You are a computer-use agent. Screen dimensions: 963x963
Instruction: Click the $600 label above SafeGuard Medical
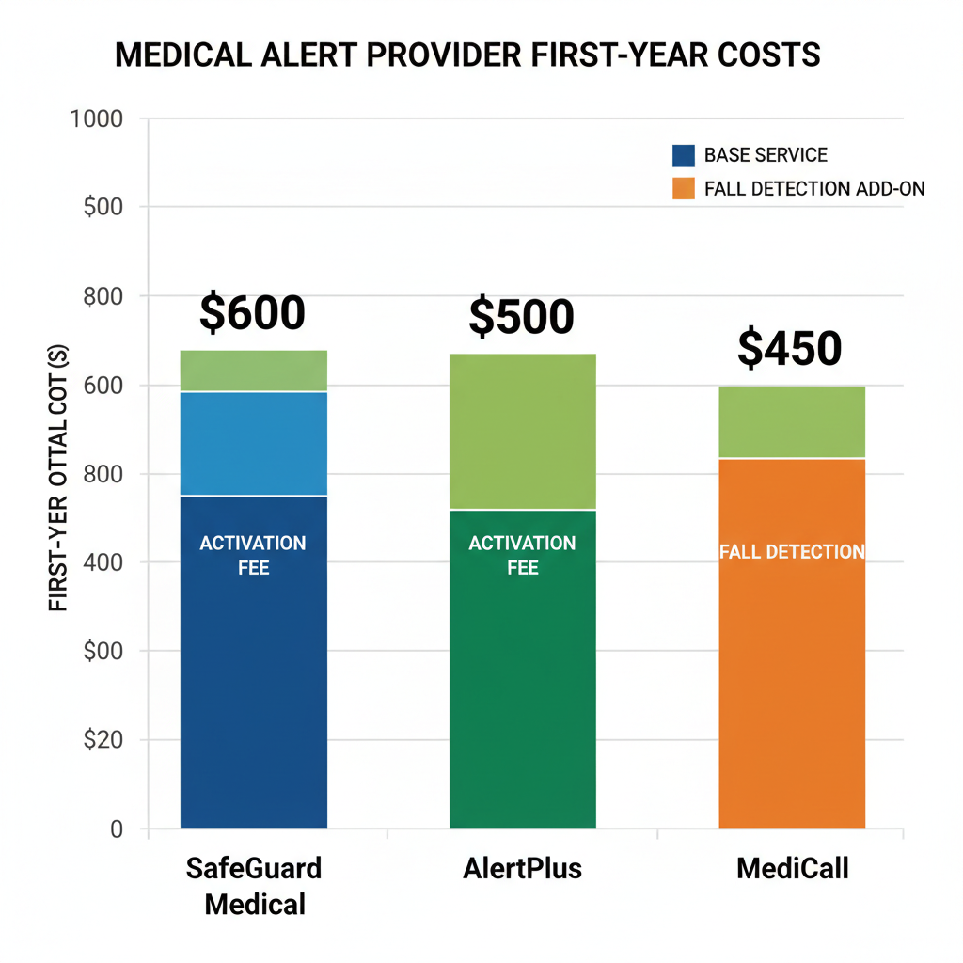pyautogui.click(x=252, y=313)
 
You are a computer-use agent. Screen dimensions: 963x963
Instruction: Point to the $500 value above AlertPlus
pyautogui.click(x=521, y=318)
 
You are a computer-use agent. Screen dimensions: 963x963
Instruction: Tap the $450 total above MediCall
pyautogui.click(x=789, y=348)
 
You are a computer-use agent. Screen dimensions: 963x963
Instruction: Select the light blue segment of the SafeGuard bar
pyautogui.click(x=254, y=443)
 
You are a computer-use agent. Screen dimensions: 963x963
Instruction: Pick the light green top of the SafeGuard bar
pyautogui.click(x=254, y=371)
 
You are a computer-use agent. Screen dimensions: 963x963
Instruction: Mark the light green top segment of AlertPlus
pyautogui.click(x=523, y=431)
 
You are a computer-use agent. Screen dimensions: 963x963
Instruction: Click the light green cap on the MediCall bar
pyautogui.click(x=792, y=421)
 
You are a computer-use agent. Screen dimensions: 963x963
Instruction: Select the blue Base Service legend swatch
pyautogui.click(x=684, y=155)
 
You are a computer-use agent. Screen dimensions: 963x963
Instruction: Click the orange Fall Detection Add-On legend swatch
pyautogui.click(x=684, y=188)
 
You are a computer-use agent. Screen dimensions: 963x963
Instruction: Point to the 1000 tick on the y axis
pyautogui.click(x=97, y=119)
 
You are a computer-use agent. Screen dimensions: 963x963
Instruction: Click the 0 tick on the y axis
pyautogui.click(x=117, y=829)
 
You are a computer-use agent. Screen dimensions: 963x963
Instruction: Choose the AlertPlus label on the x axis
pyautogui.click(x=523, y=868)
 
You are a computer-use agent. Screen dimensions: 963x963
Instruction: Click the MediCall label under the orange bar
pyautogui.click(x=792, y=868)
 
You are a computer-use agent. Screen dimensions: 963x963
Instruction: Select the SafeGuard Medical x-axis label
pyautogui.click(x=255, y=886)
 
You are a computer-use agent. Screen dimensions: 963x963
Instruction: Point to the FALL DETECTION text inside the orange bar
pyautogui.click(x=792, y=552)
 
